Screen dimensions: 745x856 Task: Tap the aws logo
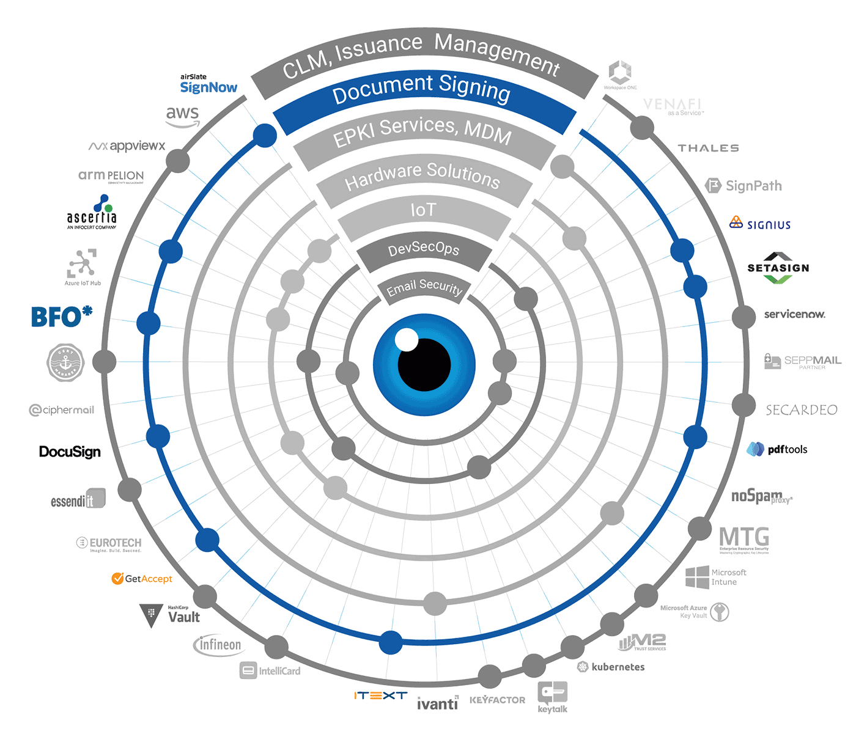click(x=182, y=116)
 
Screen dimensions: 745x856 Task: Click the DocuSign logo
click(x=70, y=452)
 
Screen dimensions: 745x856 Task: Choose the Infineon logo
click(x=218, y=645)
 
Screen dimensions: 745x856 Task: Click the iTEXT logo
click(x=380, y=695)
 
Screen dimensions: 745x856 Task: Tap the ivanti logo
click(x=437, y=703)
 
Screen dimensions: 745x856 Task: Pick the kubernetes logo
click(x=611, y=667)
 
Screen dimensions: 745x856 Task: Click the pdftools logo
click(x=777, y=449)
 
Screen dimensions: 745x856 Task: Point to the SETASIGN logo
click(x=778, y=268)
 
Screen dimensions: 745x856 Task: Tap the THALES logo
click(x=708, y=148)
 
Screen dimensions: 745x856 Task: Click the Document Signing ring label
click(x=421, y=90)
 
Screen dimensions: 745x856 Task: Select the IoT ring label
click(x=423, y=210)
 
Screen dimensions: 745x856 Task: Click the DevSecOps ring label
click(x=424, y=248)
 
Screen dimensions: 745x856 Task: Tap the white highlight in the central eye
click(x=407, y=340)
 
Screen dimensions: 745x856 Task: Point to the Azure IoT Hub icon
click(x=83, y=265)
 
